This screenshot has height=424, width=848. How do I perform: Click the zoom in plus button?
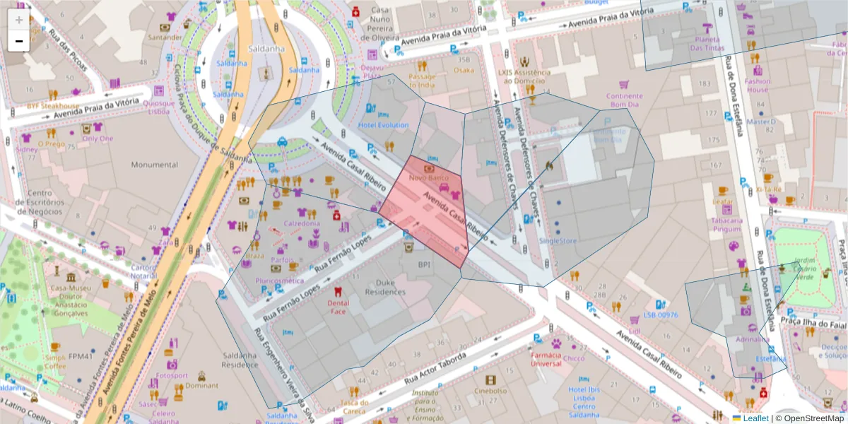[18, 19]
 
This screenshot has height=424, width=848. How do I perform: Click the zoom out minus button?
[18, 41]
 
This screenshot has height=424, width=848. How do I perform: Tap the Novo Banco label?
[430, 178]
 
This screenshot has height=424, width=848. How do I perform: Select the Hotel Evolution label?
[383, 125]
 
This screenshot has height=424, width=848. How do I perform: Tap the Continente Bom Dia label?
[625, 100]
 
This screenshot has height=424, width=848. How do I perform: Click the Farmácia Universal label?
[546, 359]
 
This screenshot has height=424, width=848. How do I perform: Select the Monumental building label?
[155, 164]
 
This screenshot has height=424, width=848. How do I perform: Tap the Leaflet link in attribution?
[755, 418]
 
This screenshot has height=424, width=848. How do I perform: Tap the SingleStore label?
[558, 240]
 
